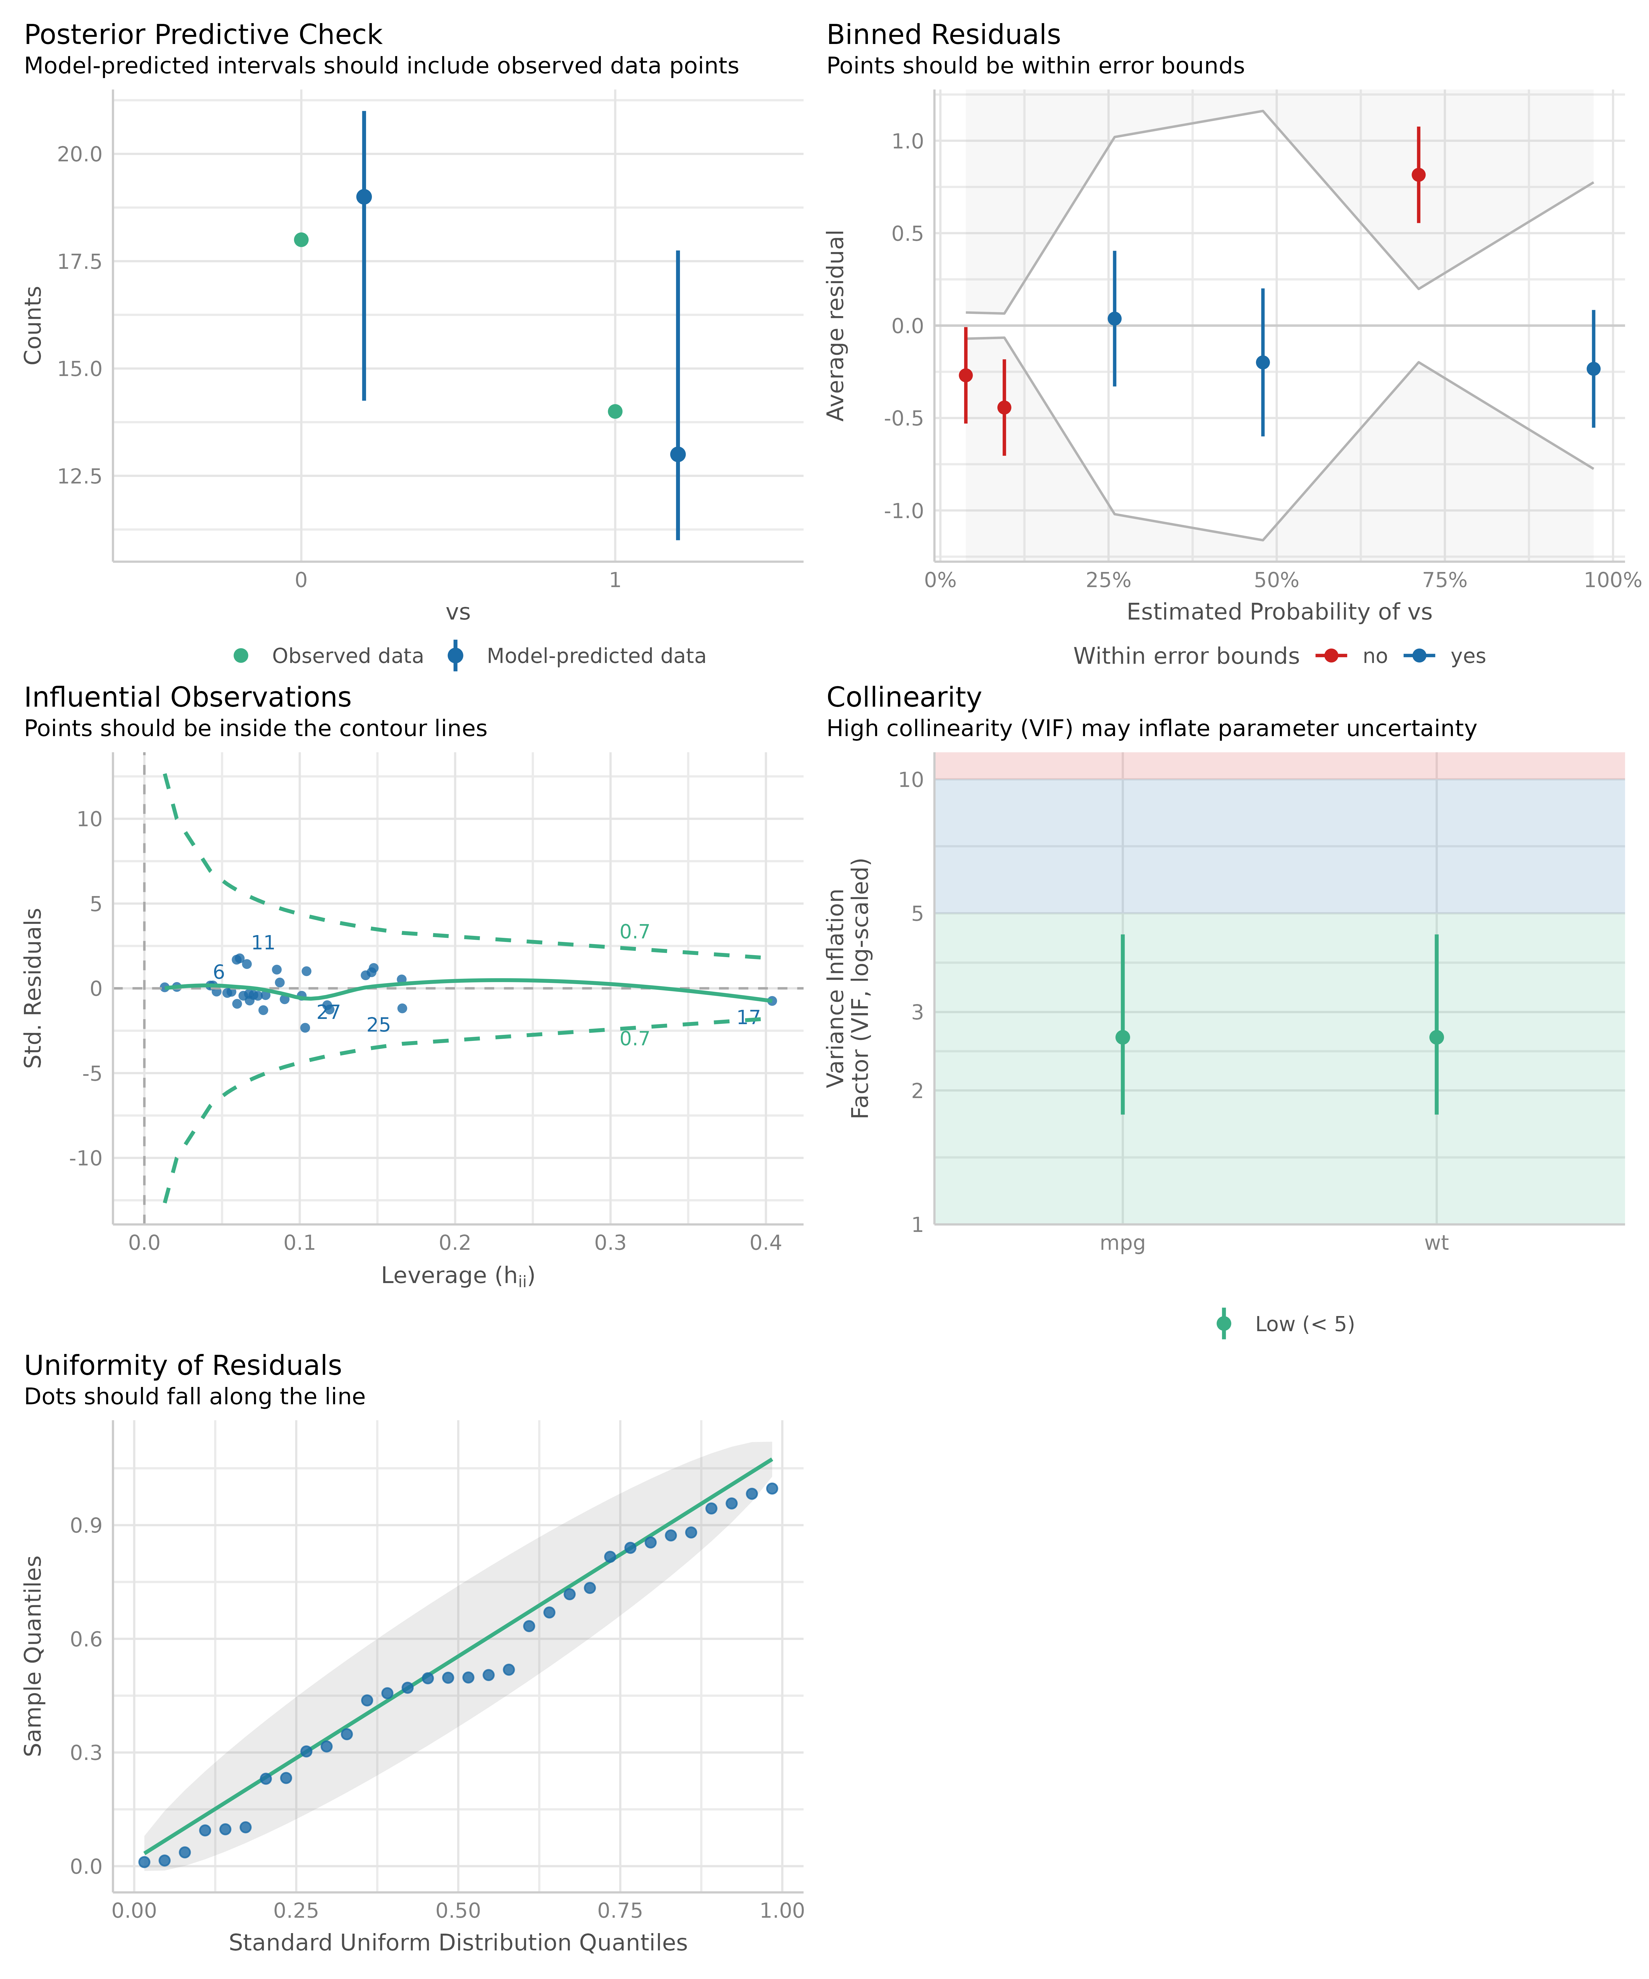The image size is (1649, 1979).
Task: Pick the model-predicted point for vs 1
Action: click(677, 454)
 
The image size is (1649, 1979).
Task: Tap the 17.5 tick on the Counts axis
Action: click(79, 261)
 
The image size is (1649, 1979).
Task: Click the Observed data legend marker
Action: click(241, 656)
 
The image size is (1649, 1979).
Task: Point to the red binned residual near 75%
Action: click(1418, 174)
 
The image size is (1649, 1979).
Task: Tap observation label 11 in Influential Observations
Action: click(263, 942)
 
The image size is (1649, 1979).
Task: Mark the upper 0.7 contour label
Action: click(634, 932)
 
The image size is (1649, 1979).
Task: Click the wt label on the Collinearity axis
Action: click(1436, 1243)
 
